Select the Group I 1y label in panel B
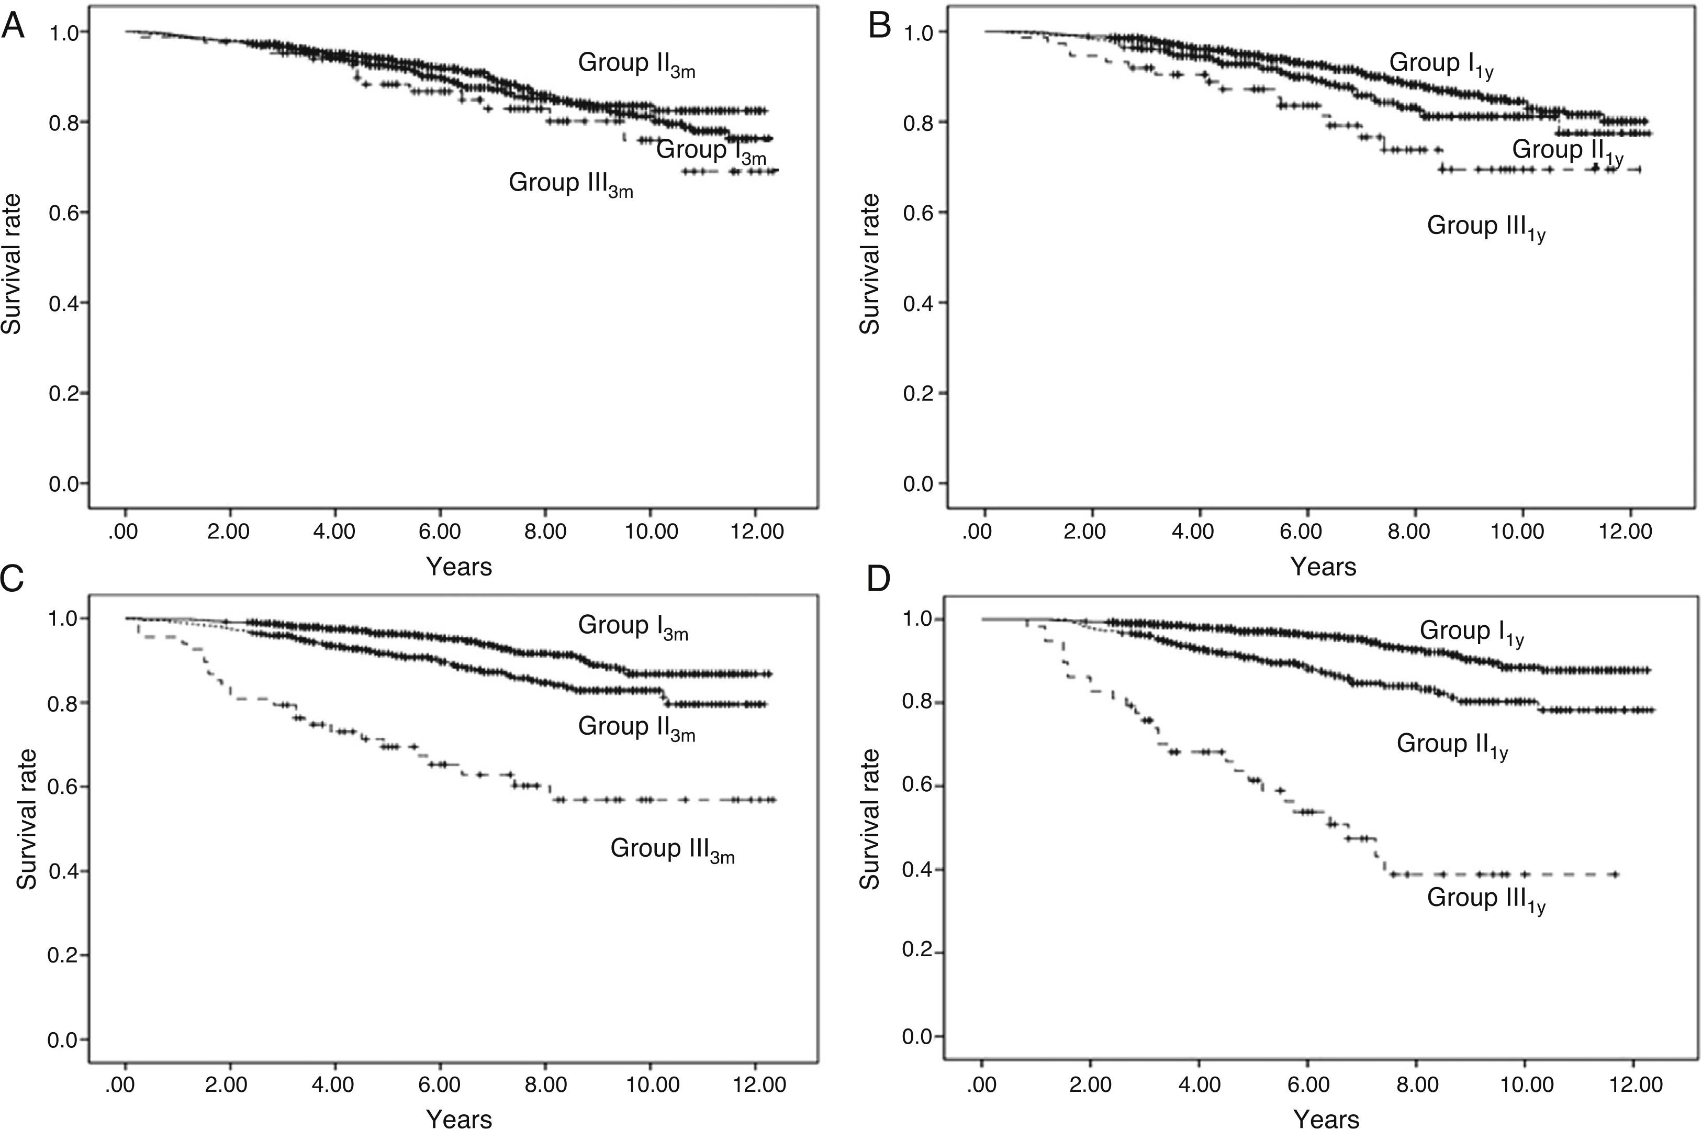pyautogui.click(x=1441, y=63)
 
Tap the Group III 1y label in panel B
pyautogui.click(x=1485, y=227)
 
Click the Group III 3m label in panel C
pyautogui.click(x=672, y=849)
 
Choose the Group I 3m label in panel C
pyautogui.click(x=633, y=626)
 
